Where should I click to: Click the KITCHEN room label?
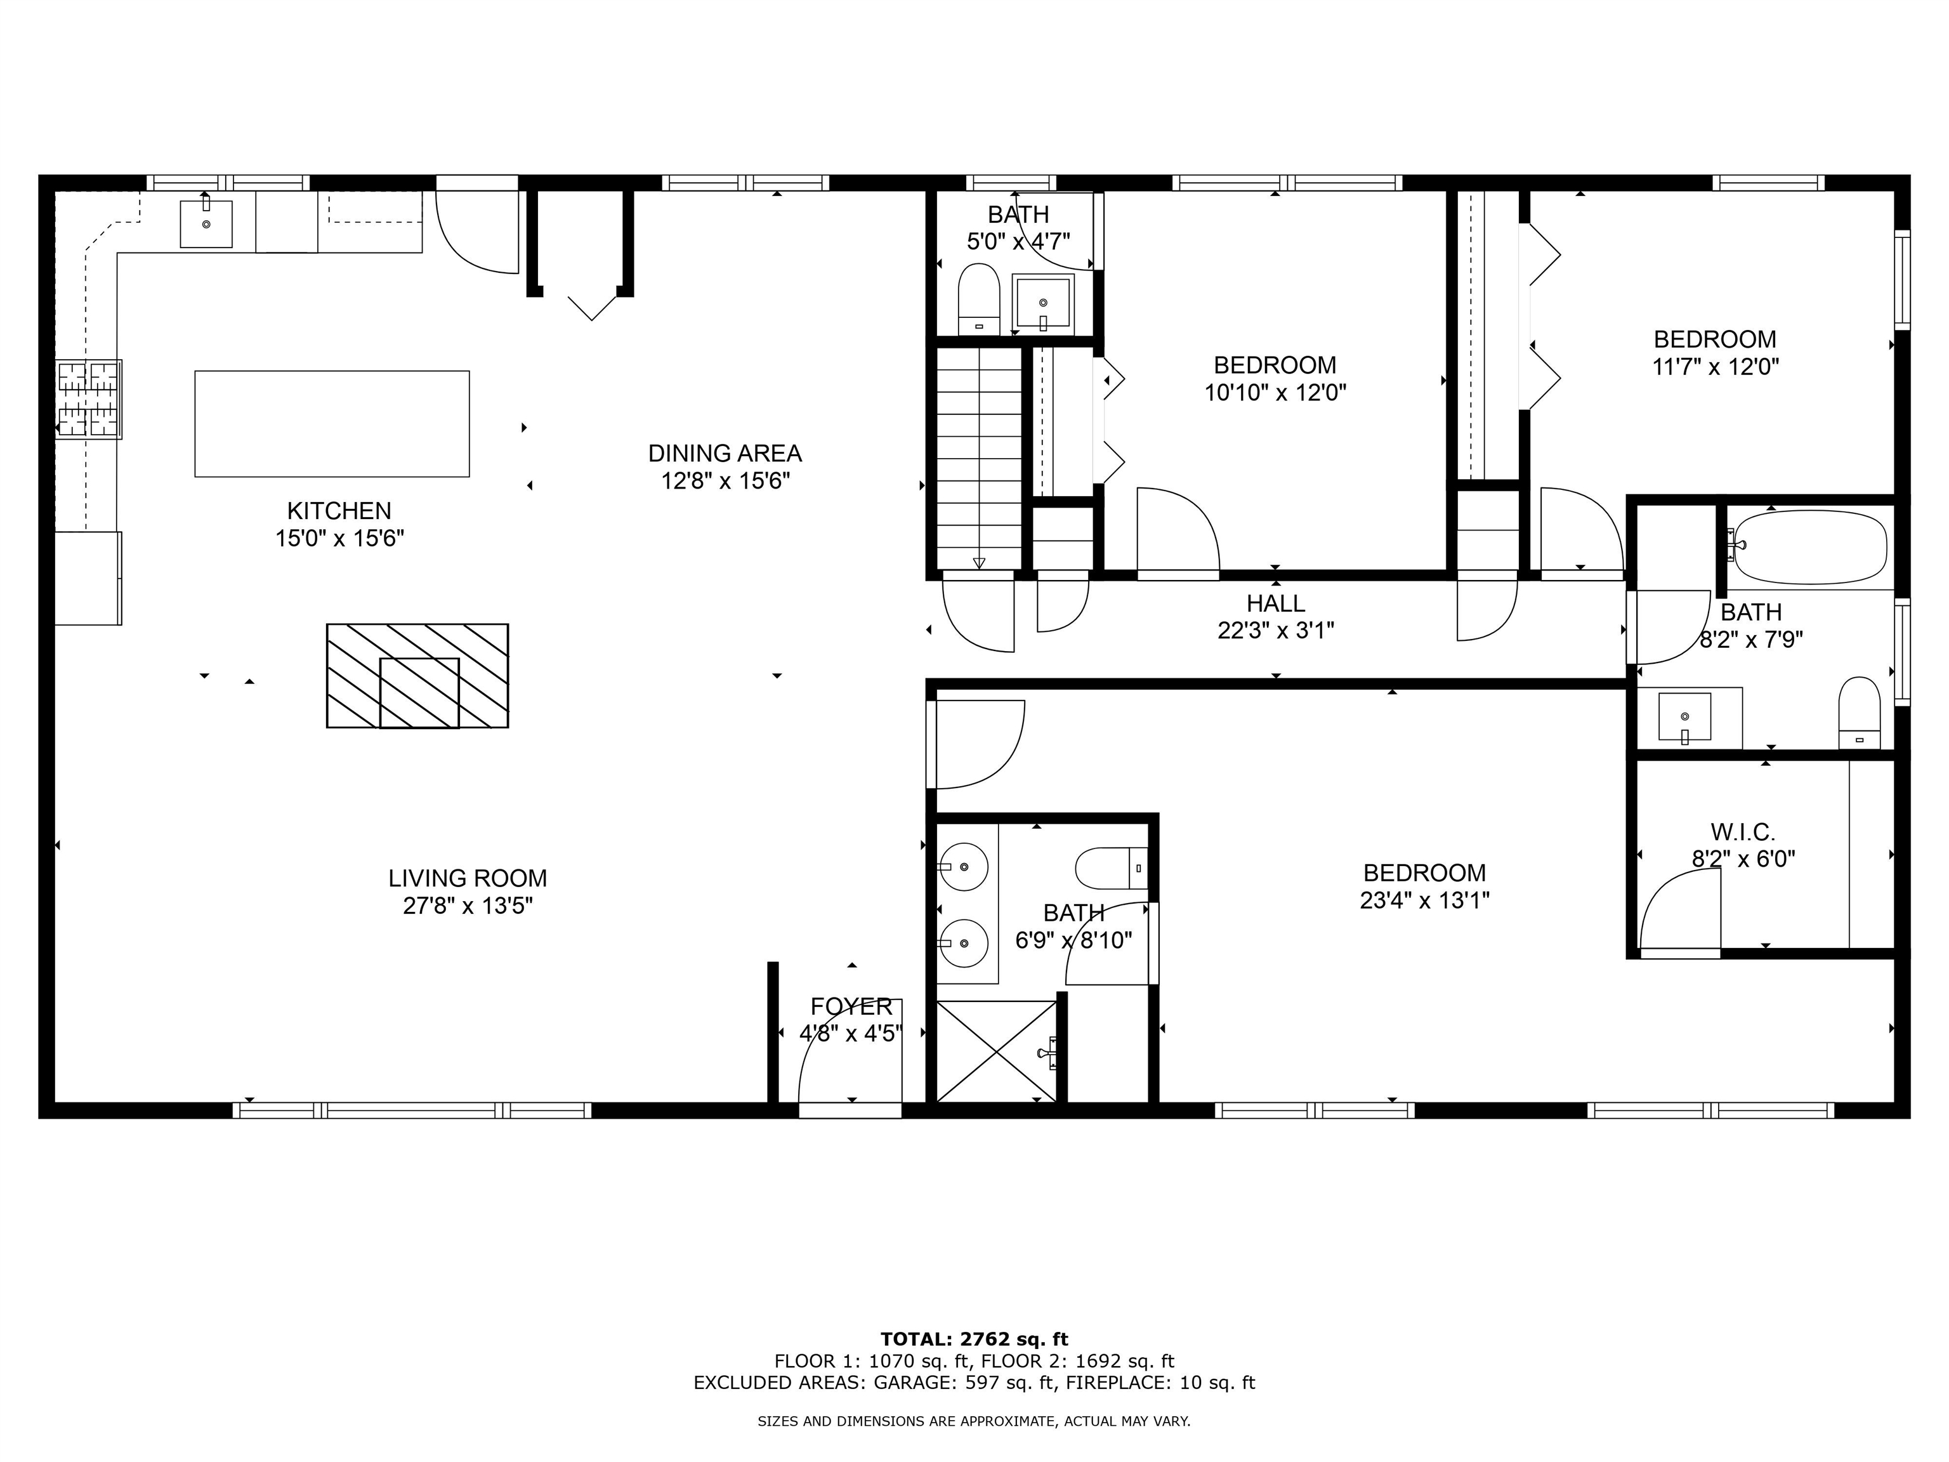[x=339, y=510]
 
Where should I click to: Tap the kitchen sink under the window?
[x=206, y=224]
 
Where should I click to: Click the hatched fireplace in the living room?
[x=417, y=676]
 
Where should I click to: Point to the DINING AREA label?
[x=725, y=453]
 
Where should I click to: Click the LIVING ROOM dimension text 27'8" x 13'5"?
[x=468, y=906]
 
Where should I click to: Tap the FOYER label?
[x=851, y=1006]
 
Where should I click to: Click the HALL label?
[x=1275, y=603]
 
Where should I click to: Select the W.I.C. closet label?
[x=1743, y=831]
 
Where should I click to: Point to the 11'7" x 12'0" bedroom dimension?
[x=1715, y=367]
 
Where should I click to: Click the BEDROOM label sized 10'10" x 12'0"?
[x=1274, y=365]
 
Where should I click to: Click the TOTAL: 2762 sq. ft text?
[x=974, y=1340]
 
